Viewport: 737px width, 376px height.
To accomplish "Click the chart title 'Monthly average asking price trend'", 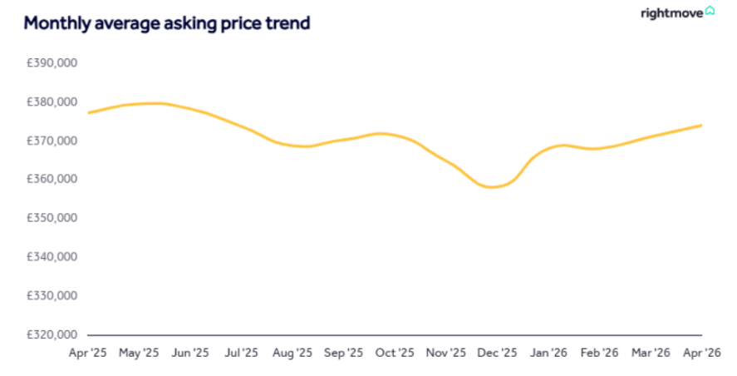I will click(x=167, y=23).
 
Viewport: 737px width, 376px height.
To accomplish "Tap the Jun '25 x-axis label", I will click(x=190, y=353).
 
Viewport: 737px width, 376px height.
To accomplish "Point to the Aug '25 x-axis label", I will click(x=292, y=353).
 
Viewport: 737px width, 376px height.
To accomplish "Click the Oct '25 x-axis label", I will click(x=395, y=353).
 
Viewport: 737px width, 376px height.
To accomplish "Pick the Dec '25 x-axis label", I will click(x=498, y=353).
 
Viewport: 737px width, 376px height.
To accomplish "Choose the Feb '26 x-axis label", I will click(x=600, y=353).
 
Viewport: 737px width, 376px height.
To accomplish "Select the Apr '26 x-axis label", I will click(x=701, y=353).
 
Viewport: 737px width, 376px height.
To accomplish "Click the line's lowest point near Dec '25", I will click(x=492, y=187).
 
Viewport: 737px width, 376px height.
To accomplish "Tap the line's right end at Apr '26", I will click(x=702, y=126).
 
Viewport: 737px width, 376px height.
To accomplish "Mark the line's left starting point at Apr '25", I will click(x=88, y=112).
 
